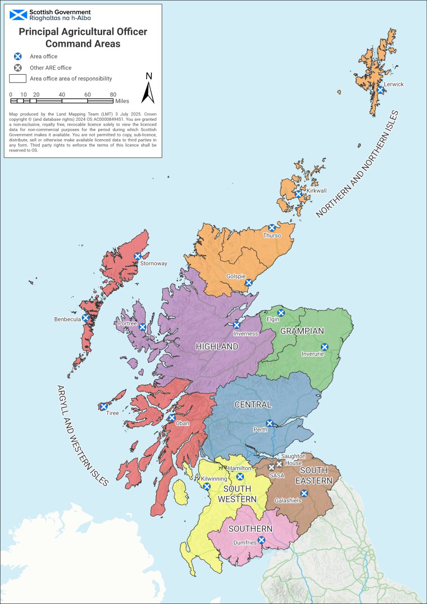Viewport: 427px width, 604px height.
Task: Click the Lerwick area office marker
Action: tap(380, 90)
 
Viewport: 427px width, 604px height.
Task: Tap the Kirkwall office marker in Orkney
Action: tap(299, 194)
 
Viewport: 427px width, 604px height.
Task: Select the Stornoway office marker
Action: tap(137, 256)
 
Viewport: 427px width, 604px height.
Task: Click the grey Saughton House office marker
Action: tap(279, 464)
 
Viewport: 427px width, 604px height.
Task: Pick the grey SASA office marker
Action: tap(272, 468)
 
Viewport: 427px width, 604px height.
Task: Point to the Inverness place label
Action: tap(246, 334)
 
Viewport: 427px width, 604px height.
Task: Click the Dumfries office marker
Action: tap(261, 540)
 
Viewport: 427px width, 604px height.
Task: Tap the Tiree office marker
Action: tap(103, 406)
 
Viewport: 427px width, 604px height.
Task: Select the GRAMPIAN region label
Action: tap(302, 331)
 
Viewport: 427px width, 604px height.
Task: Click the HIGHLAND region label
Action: tap(217, 346)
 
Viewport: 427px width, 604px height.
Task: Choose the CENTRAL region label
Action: tap(253, 405)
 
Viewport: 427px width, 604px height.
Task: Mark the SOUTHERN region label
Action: tap(250, 529)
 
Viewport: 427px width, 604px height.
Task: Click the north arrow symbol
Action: tap(148, 89)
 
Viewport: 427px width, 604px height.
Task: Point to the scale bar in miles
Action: tap(62, 101)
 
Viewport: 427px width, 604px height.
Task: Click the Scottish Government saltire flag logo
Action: tap(19, 15)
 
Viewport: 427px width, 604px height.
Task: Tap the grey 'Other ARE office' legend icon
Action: tap(18, 67)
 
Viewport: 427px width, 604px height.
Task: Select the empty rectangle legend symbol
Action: tap(18, 78)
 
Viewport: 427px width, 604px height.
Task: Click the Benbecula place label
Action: tap(67, 320)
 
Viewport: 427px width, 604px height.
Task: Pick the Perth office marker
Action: tap(269, 423)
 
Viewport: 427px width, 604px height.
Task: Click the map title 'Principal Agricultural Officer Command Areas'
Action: tap(83, 37)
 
